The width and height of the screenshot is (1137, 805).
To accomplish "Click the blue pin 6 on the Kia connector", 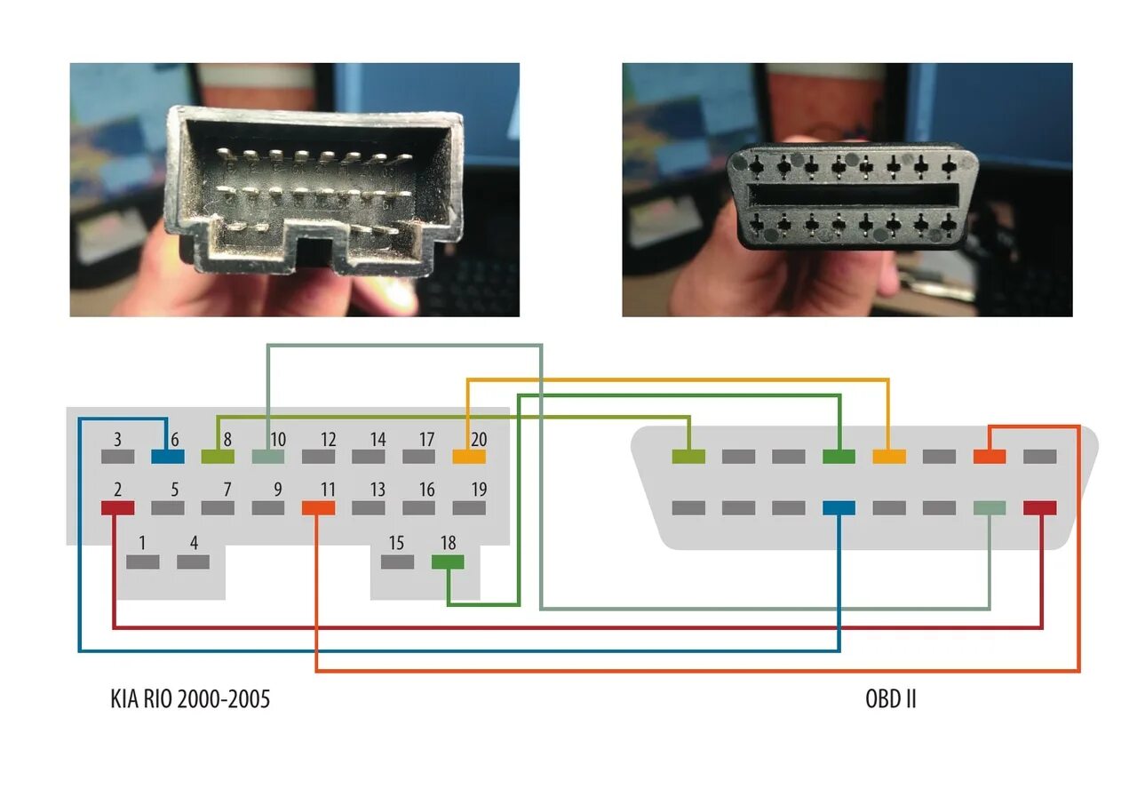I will tap(168, 457).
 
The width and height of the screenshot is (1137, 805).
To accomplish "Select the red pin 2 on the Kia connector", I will tap(117, 508).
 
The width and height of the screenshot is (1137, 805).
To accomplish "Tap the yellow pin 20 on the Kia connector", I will tap(469, 457).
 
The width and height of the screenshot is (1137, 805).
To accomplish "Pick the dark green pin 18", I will tap(448, 562).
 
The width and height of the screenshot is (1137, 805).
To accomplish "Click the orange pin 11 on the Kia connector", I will tap(318, 508).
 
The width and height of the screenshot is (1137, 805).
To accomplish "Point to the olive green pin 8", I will tap(218, 457).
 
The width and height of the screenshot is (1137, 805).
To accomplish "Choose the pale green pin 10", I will tap(268, 457).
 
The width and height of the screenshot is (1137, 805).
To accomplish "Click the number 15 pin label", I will tap(396, 543).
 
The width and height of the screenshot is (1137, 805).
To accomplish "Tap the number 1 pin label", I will tap(142, 543).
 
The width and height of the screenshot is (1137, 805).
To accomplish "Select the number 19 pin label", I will tap(479, 490).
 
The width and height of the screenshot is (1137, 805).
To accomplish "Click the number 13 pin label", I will tap(378, 490).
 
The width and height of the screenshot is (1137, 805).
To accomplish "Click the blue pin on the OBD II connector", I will tap(839, 508).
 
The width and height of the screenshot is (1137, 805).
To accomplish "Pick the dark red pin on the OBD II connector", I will tap(1040, 508).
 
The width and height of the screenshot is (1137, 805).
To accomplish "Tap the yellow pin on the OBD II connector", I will tap(889, 457).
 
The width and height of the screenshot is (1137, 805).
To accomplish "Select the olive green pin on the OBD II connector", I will tap(688, 457).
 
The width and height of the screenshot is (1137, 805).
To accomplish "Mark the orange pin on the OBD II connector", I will tap(990, 457).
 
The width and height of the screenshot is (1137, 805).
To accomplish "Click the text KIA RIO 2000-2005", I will tap(190, 699).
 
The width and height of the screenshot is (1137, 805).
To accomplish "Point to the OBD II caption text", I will tap(890, 699).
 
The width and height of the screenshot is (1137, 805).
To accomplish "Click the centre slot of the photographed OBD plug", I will tap(852, 195).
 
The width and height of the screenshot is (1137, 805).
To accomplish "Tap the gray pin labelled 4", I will tap(193, 562).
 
